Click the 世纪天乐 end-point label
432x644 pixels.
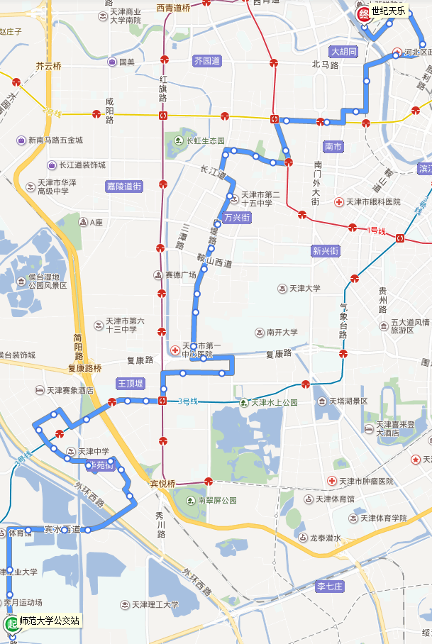click(389, 11)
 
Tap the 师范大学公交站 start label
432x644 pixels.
click(49, 621)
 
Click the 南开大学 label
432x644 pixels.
click(277, 332)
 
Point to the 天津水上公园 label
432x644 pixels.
click(275, 403)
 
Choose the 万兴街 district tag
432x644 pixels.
click(236, 218)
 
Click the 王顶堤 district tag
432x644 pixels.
click(131, 384)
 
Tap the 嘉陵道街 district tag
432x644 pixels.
click(124, 186)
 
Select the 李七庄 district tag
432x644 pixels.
click(330, 586)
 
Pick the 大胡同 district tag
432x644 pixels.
click(344, 52)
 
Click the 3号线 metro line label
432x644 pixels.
click(188, 401)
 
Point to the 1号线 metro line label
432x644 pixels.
click(376, 231)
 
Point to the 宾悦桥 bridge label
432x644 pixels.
click(162, 484)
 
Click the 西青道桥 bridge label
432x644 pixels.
click(173, 8)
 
